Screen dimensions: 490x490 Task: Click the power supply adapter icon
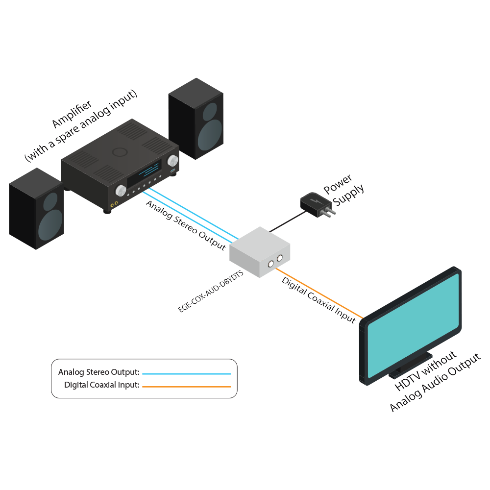pos(317,203)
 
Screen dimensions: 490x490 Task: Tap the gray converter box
pos(260,251)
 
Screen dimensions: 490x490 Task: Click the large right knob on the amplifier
pos(172,161)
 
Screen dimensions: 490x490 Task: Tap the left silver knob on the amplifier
pos(120,190)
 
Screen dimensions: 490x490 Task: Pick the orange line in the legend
pos(186,387)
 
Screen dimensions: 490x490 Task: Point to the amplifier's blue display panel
pos(145,174)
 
